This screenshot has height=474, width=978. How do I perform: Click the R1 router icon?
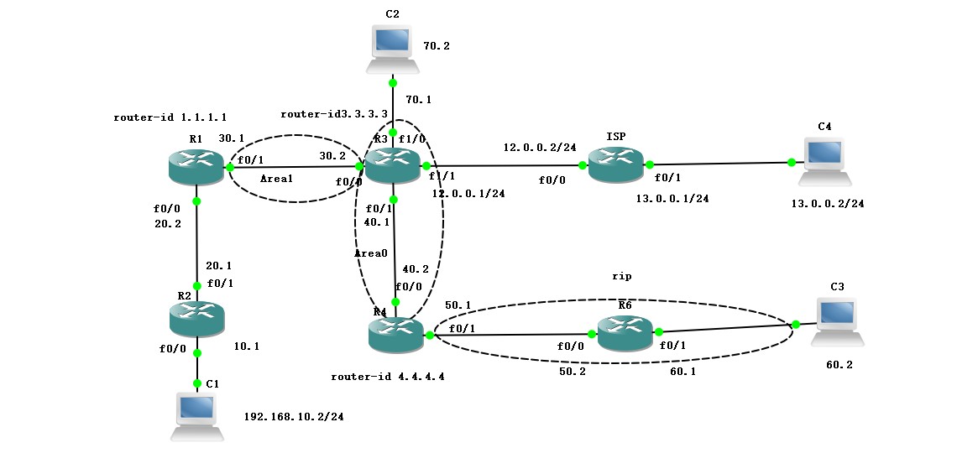(x=196, y=167)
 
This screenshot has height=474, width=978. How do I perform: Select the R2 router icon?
(x=197, y=319)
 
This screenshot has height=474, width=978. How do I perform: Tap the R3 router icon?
(x=392, y=165)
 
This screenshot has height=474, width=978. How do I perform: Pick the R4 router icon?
(x=395, y=335)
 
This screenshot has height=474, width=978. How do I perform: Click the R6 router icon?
(x=625, y=333)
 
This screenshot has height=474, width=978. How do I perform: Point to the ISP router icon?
(x=615, y=164)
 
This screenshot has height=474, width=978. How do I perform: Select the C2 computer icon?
(x=392, y=49)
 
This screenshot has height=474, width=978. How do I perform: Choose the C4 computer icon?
(x=824, y=161)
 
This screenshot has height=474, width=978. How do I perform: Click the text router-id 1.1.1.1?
(x=170, y=117)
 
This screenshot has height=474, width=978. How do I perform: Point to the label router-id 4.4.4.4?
(x=387, y=377)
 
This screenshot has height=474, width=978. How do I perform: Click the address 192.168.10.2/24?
(x=293, y=416)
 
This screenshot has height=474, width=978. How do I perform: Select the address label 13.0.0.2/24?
(x=827, y=204)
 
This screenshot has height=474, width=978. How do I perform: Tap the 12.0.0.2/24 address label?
(x=540, y=147)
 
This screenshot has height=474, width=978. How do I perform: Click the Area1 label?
(x=276, y=179)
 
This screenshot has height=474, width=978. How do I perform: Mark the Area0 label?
(x=369, y=252)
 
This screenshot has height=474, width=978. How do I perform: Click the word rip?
(x=621, y=275)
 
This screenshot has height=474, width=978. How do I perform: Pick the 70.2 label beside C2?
(x=437, y=46)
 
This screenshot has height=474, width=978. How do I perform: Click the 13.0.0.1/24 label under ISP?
(x=672, y=199)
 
